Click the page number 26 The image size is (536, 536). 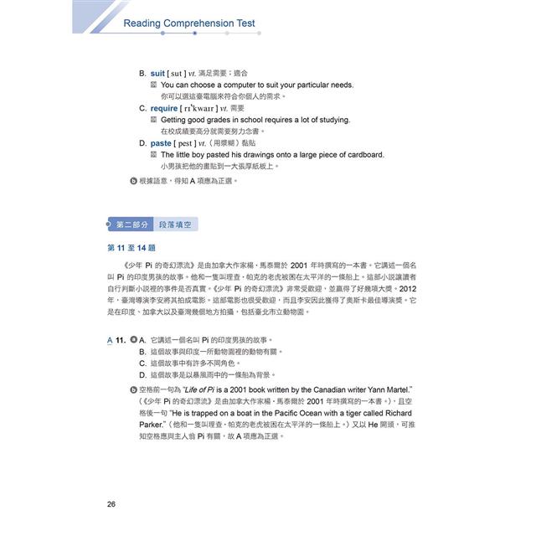coord(111,503)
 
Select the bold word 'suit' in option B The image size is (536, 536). coord(157,74)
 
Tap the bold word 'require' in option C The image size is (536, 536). coord(164,108)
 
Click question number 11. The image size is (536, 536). coord(121,340)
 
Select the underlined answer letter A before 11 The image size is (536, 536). coord(109,340)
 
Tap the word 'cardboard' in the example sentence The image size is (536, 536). coord(363,155)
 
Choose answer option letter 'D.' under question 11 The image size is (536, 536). coord(143,375)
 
